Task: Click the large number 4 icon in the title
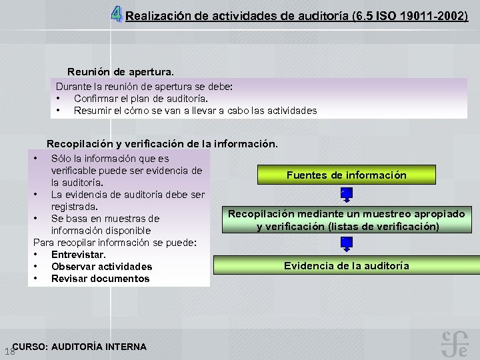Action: click(117, 15)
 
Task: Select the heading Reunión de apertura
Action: click(121, 71)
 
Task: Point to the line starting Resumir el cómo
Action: click(195, 111)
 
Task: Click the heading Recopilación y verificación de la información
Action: click(162, 143)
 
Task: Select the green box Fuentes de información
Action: click(346, 175)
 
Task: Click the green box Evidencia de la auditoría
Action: click(346, 265)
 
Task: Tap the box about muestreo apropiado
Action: click(346, 220)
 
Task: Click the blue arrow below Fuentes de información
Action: click(345, 195)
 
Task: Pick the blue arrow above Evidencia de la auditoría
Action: click(345, 244)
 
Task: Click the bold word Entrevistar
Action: click(79, 255)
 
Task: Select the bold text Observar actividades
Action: click(101, 267)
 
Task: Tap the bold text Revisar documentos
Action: click(100, 279)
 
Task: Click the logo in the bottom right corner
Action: click(455, 343)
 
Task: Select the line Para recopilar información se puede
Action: click(115, 243)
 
